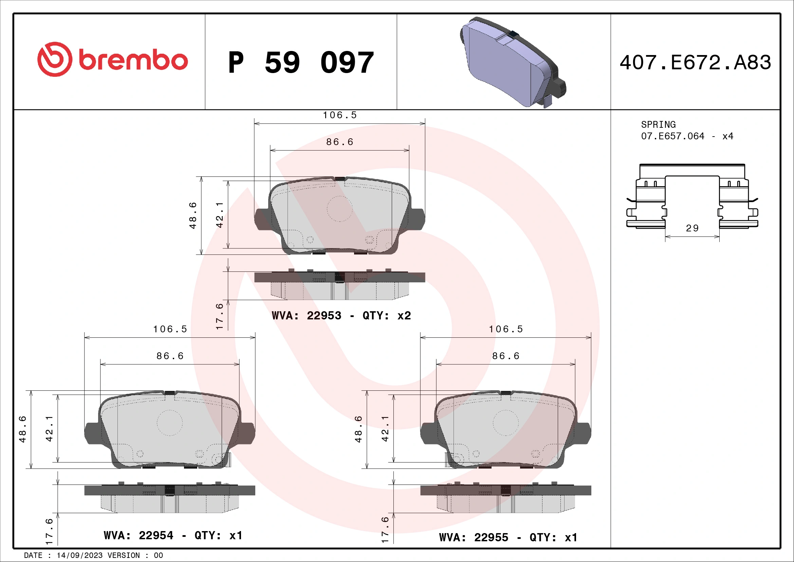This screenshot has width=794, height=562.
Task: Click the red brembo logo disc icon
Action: pyautogui.click(x=55, y=59)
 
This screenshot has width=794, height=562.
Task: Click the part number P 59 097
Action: pyautogui.click(x=301, y=63)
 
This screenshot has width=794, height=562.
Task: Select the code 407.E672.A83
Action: pyautogui.click(x=695, y=63)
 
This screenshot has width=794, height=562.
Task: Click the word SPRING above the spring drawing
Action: pyautogui.click(x=658, y=125)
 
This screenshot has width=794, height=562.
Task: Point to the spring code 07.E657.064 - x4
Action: pyautogui.click(x=687, y=136)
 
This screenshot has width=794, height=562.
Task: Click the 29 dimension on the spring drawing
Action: pyautogui.click(x=692, y=228)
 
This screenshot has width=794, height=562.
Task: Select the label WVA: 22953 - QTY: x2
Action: pyautogui.click(x=341, y=316)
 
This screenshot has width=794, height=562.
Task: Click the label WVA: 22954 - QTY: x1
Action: pyautogui.click(x=173, y=535)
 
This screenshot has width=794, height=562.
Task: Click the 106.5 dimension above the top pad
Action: pyautogui.click(x=339, y=115)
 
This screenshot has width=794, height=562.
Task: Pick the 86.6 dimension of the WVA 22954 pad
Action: pyautogui.click(x=170, y=356)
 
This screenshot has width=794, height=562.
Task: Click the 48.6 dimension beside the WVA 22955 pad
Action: pyautogui.click(x=358, y=429)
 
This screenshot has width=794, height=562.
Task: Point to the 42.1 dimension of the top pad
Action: pyautogui.click(x=220, y=215)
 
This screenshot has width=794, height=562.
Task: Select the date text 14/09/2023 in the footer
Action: pyautogui.click(x=79, y=556)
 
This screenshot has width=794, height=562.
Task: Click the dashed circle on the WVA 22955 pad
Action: pyautogui.click(x=505, y=423)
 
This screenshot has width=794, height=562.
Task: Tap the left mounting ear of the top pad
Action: pyautogui.click(x=261, y=219)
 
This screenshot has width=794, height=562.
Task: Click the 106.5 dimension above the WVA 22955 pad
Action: pyautogui.click(x=505, y=329)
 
